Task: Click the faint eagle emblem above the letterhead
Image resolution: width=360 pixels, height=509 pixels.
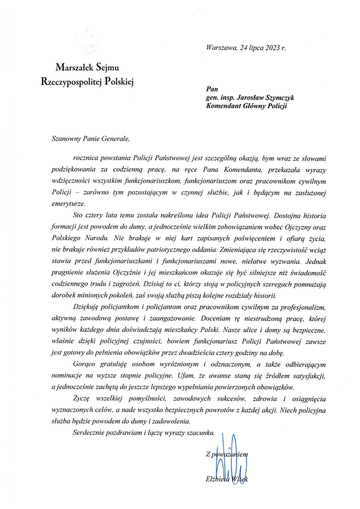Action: pos(88,42)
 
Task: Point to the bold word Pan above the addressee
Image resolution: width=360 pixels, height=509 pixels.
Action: pos(212,90)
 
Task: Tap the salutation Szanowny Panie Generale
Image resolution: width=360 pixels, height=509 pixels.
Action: pos(91,138)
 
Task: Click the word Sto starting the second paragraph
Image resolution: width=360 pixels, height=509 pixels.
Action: pos(78,215)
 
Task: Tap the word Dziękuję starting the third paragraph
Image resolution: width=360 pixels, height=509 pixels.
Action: pos(85,307)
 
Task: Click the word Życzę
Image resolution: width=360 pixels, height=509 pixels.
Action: pos(81,399)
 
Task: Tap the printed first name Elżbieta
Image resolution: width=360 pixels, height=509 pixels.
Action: pos(218,479)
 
